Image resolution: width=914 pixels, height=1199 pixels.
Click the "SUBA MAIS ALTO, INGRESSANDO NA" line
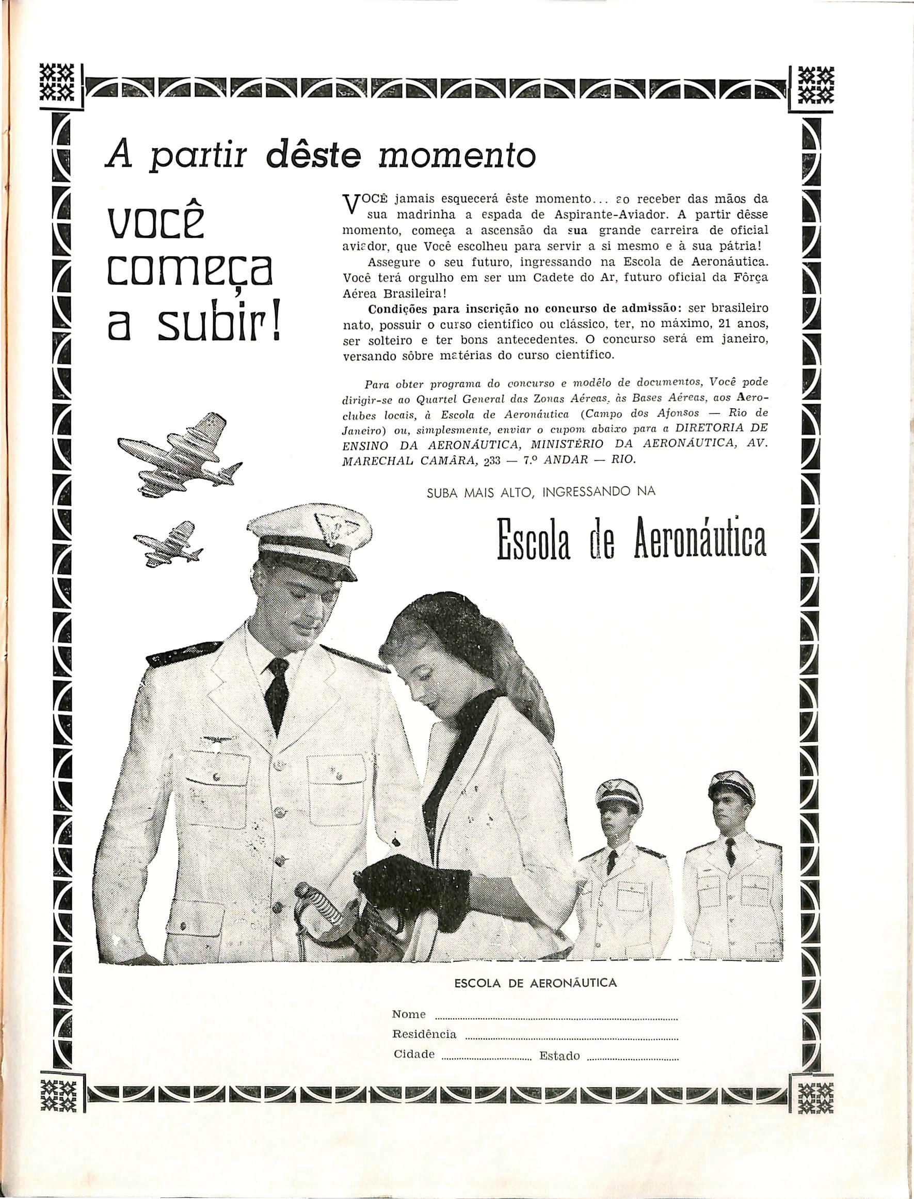[x=541, y=491]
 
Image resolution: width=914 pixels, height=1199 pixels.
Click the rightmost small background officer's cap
[x=731, y=786]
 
